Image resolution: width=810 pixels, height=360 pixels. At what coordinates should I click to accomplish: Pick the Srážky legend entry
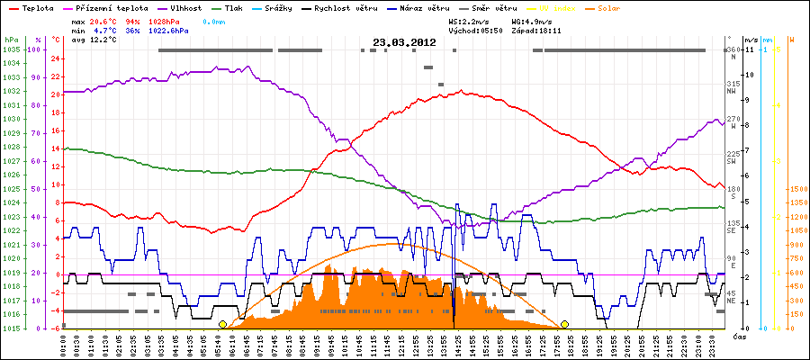pos(289,7)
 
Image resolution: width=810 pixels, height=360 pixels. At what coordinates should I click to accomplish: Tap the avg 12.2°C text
pos(101,40)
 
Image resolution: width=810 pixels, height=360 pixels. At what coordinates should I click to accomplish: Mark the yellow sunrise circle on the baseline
pos(222,324)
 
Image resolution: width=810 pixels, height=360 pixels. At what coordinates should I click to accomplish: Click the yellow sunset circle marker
pos(565,324)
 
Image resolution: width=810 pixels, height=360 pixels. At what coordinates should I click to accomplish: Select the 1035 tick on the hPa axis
pos(12,49)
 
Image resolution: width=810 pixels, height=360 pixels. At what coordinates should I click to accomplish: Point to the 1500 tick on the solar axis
pos(796,190)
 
